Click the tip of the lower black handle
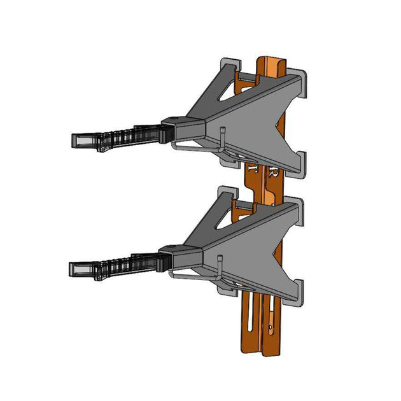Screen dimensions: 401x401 coord(73,269)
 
